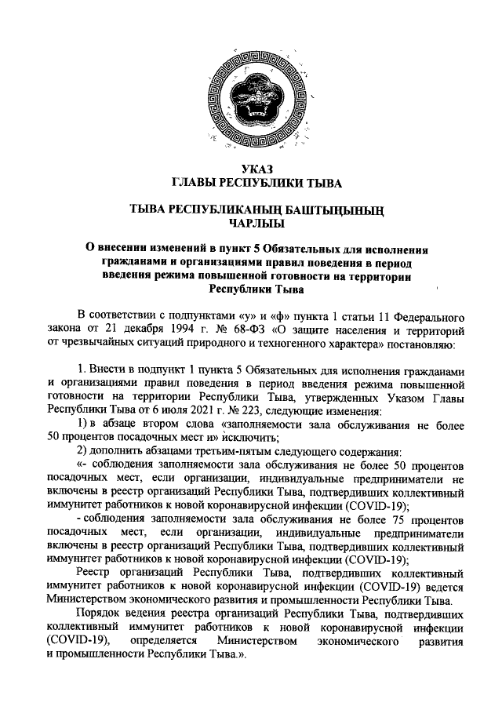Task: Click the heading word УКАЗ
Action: click(252, 169)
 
